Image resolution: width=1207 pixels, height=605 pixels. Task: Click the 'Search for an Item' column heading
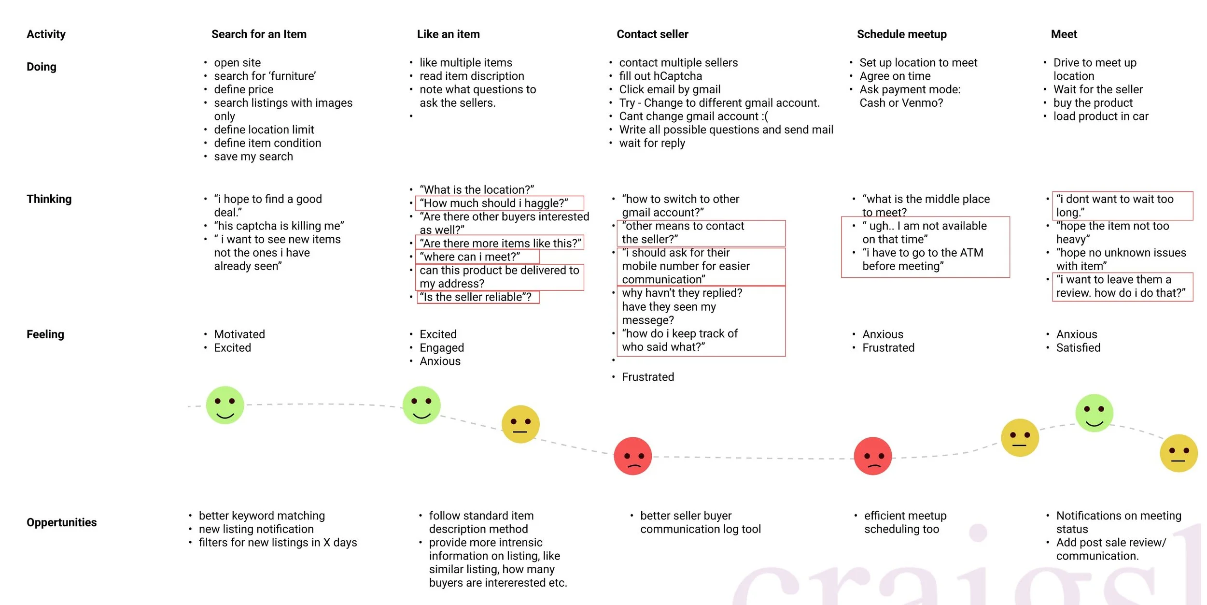coord(259,34)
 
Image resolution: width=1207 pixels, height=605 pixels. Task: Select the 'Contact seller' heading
coord(652,34)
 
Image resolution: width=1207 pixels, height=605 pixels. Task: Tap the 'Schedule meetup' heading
coord(901,34)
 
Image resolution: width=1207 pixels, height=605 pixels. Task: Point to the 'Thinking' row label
coord(49,199)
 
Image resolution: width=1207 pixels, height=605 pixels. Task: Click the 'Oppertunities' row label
coord(61,522)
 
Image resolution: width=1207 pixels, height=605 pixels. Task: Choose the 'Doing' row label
coord(42,67)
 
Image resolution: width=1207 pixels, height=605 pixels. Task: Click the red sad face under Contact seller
coord(632,456)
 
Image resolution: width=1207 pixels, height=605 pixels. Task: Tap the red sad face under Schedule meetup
coord(872,456)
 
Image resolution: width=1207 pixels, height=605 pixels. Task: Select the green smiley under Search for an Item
coord(225,405)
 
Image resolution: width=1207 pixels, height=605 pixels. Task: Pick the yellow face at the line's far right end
coord(1179,453)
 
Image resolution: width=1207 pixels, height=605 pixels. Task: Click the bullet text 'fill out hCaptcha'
coord(660,76)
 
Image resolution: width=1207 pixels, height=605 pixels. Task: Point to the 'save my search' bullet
coord(253,157)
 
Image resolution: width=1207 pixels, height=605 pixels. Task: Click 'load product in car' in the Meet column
coord(1101,116)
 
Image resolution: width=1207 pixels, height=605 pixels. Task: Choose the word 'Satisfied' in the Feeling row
coord(1078,348)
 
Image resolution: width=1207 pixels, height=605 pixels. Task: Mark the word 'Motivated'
coord(239,334)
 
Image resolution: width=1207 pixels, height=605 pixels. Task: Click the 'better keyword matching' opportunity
coord(262,516)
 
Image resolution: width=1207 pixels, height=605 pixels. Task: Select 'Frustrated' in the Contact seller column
coord(648,377)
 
